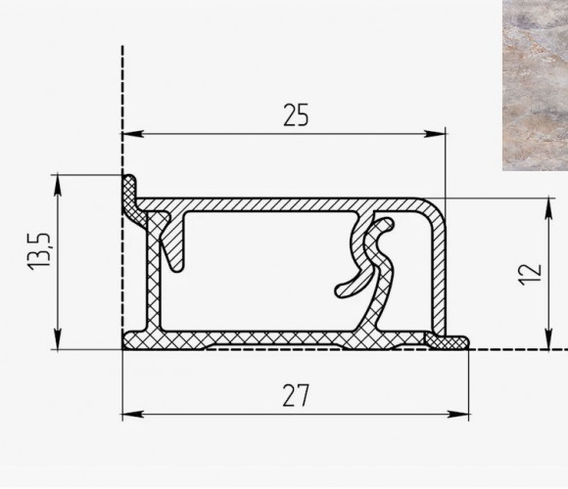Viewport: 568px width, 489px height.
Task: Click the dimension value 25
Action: tap(296, 115)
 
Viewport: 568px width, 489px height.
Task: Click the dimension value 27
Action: tap(296, 395)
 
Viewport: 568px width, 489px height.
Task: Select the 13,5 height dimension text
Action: tap(39, 250)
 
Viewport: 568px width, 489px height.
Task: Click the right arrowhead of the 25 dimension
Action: tap(435, 134)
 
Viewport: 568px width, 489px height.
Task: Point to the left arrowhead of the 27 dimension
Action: tap(133, 414)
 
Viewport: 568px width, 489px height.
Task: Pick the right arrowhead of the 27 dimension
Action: tap(458, 414)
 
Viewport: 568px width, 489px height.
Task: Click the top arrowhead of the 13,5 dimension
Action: tap(58, 186)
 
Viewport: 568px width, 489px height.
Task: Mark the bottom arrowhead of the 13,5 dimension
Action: tap(58, 339)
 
